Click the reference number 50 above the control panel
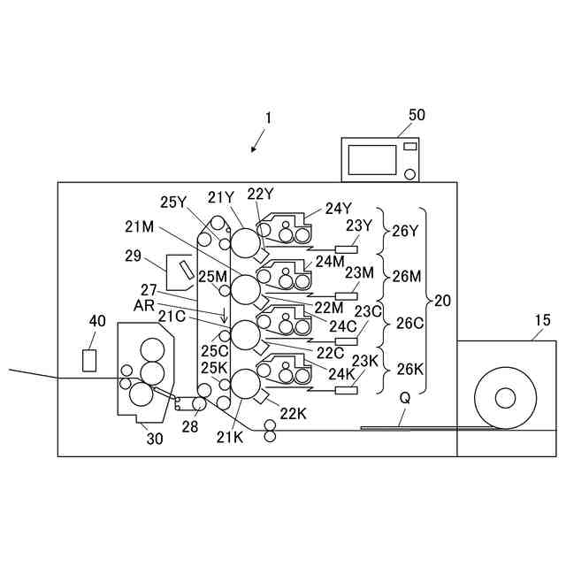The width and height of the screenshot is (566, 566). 416,115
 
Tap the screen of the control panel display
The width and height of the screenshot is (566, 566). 372,159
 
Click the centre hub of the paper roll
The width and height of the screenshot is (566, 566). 505,398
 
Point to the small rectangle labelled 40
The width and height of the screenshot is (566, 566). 88,361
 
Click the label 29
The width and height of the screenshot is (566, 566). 134,256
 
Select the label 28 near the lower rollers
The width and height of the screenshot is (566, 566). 191,427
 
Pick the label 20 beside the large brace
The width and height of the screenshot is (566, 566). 442,301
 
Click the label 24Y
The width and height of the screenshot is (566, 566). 338,209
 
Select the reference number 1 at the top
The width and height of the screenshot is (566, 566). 269,117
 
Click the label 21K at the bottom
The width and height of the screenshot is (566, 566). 230,436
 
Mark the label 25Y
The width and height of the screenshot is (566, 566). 174,202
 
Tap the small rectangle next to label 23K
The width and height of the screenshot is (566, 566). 346,389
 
